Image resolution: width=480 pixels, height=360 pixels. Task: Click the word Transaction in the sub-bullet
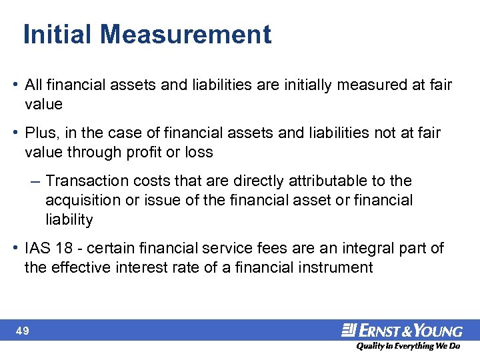click(x=87, y=181)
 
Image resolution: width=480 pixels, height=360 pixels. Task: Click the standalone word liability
click(x=69, y=220)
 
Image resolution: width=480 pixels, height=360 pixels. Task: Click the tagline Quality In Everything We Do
click(x=408, y=347)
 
